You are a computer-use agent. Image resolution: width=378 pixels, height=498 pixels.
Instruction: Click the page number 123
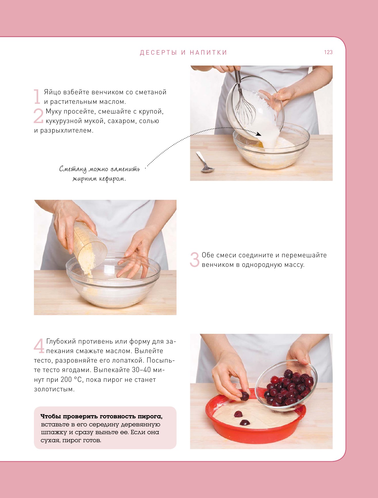[328, 52]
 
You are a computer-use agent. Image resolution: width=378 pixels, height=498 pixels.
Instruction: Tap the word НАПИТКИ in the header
[208, 53]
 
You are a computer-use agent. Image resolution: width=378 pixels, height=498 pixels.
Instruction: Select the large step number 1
[37, 96]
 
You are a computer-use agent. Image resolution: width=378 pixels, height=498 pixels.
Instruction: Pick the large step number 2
[39, 116]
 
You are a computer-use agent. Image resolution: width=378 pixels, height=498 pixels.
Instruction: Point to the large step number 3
[195, 259]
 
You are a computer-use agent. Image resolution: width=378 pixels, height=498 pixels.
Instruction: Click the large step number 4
[39, 346]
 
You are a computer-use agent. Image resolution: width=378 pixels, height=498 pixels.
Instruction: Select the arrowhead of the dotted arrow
[258, 134]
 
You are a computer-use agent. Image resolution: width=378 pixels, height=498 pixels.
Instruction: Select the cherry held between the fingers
[245, 396]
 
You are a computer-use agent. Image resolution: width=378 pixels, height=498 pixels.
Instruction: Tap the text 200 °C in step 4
[72, 380]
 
